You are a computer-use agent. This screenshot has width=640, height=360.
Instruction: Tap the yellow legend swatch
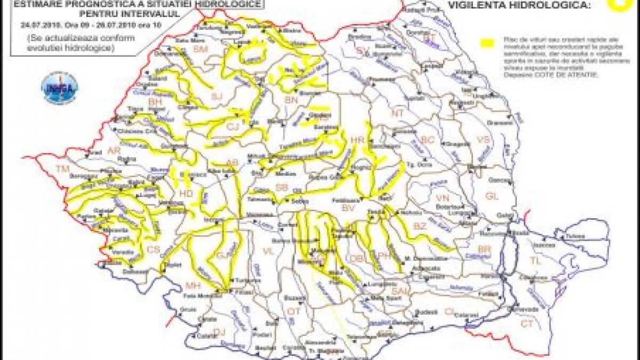(x=486, y=42)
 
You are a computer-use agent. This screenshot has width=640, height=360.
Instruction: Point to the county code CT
(x=527, y=323)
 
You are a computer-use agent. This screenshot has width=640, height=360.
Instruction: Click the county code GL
(x=491, y=196)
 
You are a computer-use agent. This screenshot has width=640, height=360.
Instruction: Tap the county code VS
(x=483, y=139)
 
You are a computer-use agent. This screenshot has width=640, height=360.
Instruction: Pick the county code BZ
(x=420, y=226)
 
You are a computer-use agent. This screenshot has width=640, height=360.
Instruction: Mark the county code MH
(x=189, y=283)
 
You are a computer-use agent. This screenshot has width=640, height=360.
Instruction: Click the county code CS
(x=153, y=249)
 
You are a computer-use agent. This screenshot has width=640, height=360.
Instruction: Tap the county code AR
(x=114, y=151)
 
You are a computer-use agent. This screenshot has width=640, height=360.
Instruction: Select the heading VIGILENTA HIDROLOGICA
(x=521, y=6)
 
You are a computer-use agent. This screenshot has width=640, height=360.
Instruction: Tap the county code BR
(x=484, y=249)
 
